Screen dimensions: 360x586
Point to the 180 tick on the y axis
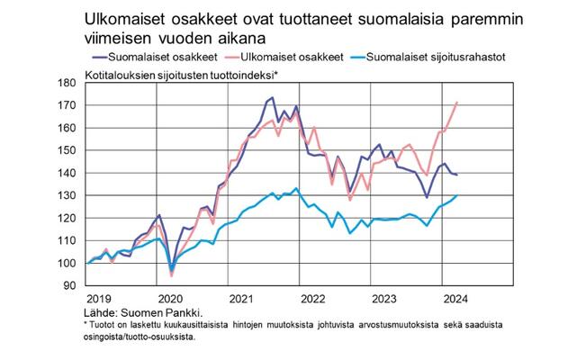point(75,82)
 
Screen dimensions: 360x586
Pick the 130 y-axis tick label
point(75,195)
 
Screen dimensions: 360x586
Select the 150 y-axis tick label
point(75,150)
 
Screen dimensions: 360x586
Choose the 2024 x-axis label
point(454,298)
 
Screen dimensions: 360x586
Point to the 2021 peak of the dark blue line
point(273,97)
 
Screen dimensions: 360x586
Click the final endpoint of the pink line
point(457,103)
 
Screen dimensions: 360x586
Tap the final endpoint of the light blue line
point(457,195)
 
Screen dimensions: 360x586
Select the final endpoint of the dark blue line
point(457,175)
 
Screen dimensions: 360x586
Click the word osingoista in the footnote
point(102,338)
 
